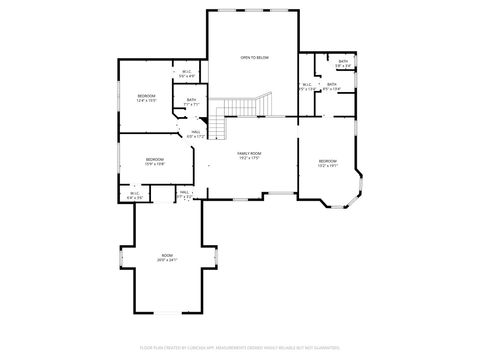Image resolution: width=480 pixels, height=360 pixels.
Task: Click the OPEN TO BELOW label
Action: click(254, 58)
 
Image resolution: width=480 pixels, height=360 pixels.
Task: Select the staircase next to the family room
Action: click(244, 105)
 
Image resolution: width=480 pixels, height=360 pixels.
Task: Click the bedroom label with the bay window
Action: click(328, 161)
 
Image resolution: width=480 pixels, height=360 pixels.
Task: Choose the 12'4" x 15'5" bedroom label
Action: click(146, 97)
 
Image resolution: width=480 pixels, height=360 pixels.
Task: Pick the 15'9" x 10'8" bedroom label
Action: click(154, 160)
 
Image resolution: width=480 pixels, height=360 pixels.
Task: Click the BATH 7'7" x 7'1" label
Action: click(191, 101)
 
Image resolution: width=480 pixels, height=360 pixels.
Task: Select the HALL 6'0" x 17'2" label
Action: click(196, 134)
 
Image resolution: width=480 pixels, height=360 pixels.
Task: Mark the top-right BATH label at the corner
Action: click(343, 64)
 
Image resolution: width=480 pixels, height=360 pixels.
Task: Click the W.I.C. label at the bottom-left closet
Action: click(135, 195)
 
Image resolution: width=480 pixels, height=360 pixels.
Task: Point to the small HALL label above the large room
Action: click(185, 194)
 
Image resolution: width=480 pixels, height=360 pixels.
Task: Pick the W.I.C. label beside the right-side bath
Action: click(307, 86)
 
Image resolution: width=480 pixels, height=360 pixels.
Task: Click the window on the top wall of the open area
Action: click(254, 11)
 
